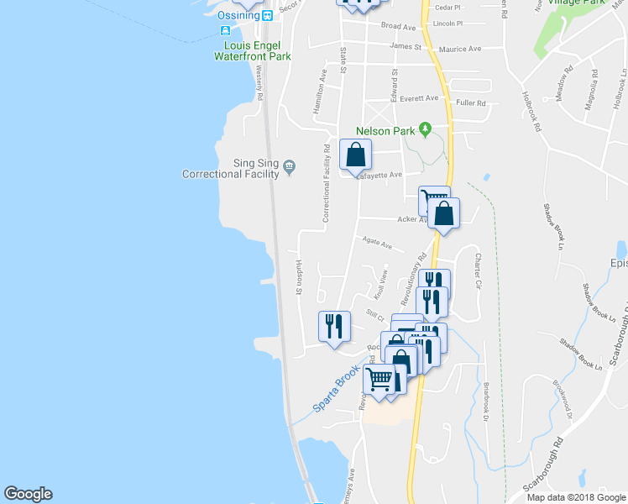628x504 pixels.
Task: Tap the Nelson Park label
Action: point(385,131)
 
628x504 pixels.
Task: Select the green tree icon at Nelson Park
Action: point(425,129)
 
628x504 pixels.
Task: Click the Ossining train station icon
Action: point(267,15)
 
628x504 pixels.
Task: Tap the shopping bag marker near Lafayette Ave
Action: point(356,155)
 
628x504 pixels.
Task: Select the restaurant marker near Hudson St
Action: point(334,325)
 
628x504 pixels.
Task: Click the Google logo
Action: point(28,494)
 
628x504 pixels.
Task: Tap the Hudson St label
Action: point(298,277)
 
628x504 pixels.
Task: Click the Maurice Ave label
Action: point(464,49)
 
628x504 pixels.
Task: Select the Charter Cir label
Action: point(478,272)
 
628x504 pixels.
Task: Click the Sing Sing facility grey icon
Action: point(290,165)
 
